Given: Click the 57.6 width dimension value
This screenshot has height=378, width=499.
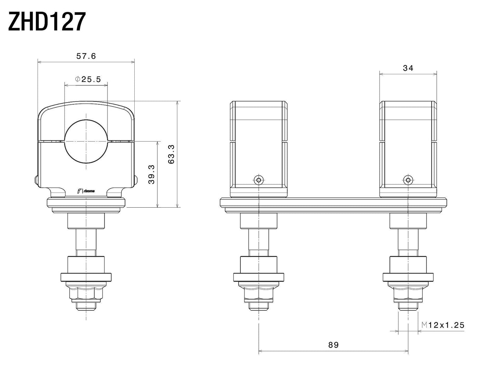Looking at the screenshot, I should pyautogui.click(x=86, y=56).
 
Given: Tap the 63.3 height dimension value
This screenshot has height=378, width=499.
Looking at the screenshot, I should pyautogui.click(x=172, y=154).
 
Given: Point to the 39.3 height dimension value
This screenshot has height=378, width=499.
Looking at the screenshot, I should pyautogui.click(x=151, y=174).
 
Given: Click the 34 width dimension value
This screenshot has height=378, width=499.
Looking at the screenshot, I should pyautogui.click(x=408, y=68).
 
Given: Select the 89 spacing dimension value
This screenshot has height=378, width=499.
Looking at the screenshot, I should pyautogui.click(x=334, y=344).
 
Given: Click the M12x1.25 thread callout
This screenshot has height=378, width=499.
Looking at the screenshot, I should pyautogui.click(x=443, y=325).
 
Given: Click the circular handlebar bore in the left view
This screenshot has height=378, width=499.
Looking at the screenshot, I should pyautogui.click(x=86, y=141).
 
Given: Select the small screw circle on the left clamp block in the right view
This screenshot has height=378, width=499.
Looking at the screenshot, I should pyautogui.click(x=259, y=180).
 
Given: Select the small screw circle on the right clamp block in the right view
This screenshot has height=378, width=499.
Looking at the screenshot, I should pyautogui.click(x=408, y=180).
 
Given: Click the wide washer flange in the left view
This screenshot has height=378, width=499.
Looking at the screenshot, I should pyautogui.click(x=86, y=277).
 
